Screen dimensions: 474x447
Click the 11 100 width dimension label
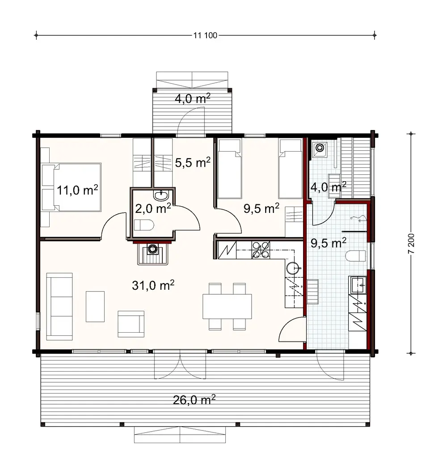click(205, 36)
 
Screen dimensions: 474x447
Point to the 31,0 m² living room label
click(153, 285)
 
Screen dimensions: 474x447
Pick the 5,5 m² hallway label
click(192, 162)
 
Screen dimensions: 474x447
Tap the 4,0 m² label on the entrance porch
click(192, 99)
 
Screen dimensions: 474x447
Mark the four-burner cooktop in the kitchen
click(261, 250)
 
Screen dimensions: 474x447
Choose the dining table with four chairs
click(227, 306)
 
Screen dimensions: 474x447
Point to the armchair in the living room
click(131, 323)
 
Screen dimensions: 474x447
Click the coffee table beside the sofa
click(95, 306)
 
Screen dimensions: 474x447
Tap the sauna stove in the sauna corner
click(320, 148)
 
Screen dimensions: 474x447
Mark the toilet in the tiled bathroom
click(356, 256)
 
